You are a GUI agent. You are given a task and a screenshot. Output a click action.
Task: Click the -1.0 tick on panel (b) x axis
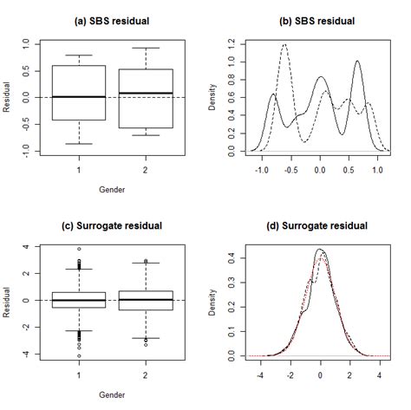point(262,172)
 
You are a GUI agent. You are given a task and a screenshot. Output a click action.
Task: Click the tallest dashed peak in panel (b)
point(284,45)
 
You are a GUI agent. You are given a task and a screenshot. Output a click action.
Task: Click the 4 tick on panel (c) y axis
point(26,247)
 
